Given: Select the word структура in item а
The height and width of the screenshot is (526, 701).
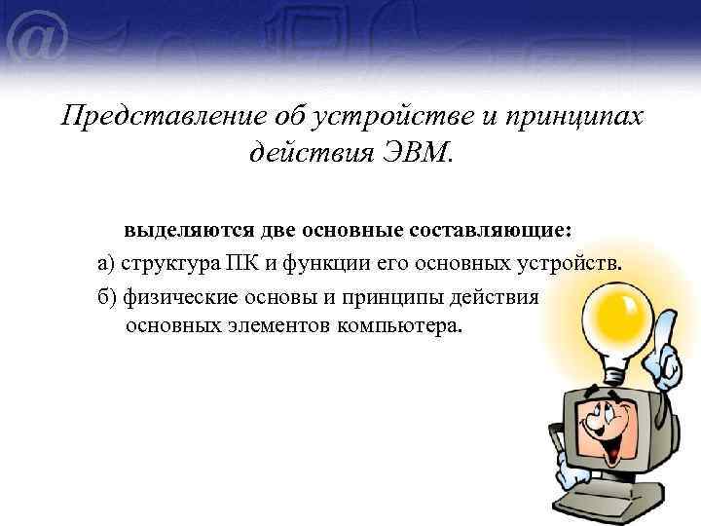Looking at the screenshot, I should pos(169,263).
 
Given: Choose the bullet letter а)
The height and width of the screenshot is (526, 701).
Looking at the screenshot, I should pos(108,263).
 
